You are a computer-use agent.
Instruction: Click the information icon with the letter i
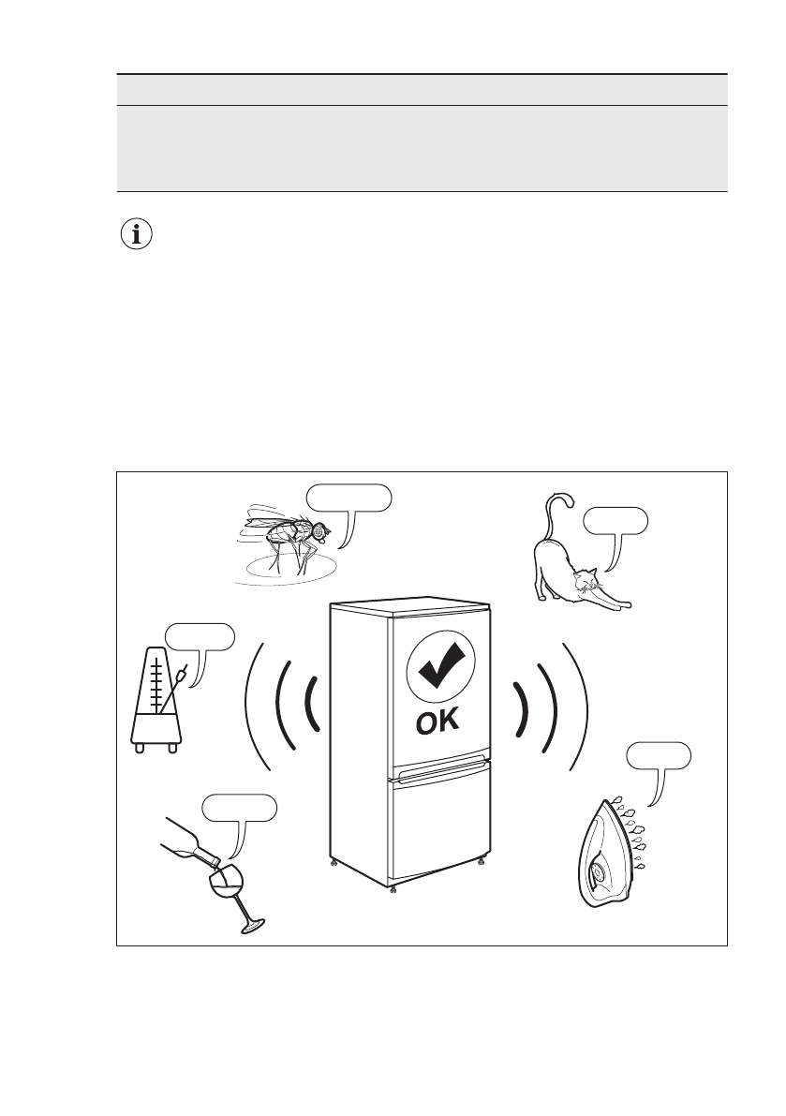point(139,235)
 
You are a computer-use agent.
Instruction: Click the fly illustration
point(286,540)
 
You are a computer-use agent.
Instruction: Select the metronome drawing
point(156,704)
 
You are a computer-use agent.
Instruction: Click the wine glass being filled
point(229,891)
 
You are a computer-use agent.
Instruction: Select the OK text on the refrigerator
point(439,724)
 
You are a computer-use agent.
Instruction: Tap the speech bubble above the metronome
point(199,636)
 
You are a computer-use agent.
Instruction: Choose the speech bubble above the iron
point(659,755)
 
